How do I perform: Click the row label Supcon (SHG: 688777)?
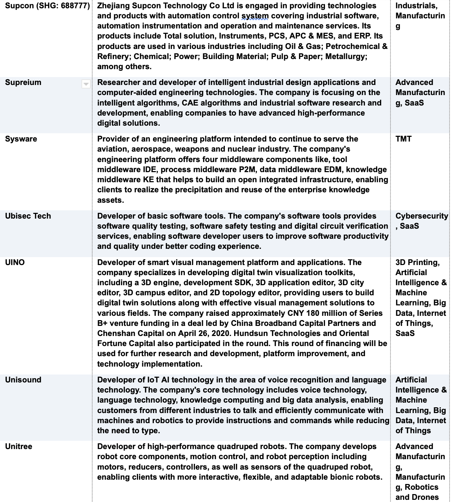(47, 6)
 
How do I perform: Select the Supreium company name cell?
(23, 82)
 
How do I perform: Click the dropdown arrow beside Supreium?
(86, 84)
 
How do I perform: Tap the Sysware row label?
(21, 139)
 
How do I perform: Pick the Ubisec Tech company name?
(28, 216)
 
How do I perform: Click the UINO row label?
(15, 263)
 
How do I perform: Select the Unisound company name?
(23, 380)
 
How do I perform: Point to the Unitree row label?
(18, 447)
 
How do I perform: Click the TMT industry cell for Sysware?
(403, 139)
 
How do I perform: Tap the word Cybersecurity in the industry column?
(421, 216)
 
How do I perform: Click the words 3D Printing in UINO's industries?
(417, 263)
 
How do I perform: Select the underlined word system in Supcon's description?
(255, 16)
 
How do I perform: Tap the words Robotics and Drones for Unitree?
(417, 492)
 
